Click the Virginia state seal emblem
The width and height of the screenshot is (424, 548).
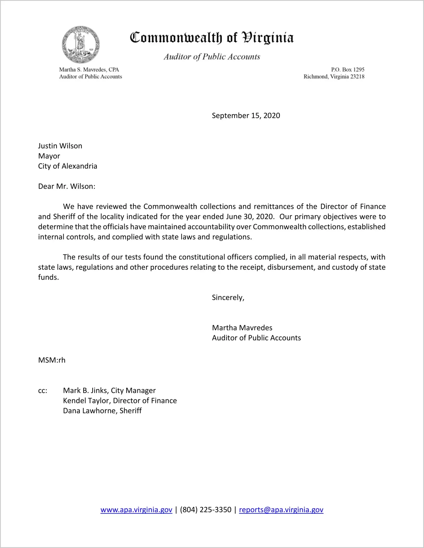pos(81,45)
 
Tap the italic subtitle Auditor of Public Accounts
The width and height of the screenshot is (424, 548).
pos(212,57)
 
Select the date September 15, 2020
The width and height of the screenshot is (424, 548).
pos(246,116)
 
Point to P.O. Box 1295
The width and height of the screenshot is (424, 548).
pos(347,70)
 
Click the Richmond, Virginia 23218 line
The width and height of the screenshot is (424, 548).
pos(334,77)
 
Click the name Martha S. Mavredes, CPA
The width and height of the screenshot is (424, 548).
pos(89,70)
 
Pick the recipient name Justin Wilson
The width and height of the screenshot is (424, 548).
pos(60,146)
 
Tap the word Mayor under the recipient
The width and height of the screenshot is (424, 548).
pos(49,156)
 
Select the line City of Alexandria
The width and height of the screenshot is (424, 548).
pos(68,166)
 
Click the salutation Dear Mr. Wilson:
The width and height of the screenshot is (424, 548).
pos(67,186)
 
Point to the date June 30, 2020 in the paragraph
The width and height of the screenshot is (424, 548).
pos(250,217)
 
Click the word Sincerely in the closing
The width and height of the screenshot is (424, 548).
pos(228,297)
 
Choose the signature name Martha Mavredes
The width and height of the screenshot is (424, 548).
pos(242,328)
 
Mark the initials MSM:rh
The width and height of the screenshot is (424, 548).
pos(52,360)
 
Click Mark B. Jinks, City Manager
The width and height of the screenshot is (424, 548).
pos(109,390)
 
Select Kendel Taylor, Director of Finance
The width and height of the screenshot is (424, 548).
pos(120,401)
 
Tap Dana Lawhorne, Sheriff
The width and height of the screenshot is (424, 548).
pos(102,411)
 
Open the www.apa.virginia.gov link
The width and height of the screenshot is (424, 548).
pos(136,510)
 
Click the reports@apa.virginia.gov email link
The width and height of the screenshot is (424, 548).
pos(281,510)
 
